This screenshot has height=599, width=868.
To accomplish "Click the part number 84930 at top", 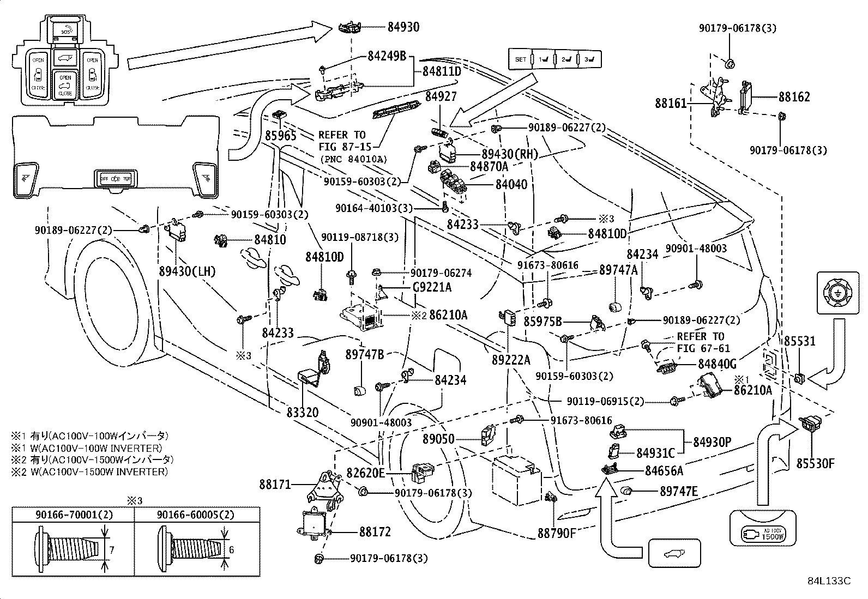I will click(x=403, y=27).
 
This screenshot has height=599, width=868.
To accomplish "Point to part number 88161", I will click(x=671, y=103).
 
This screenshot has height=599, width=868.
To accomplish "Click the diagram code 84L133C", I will click(x=829, y=580).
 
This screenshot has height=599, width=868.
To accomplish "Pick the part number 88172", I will click(x=375, y=531).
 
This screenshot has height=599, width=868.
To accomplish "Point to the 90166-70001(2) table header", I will click(x=74, y=514).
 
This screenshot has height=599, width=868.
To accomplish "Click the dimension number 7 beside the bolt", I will click(x=112, y=550).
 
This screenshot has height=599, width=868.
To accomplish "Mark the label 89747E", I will click(x=679, y=491).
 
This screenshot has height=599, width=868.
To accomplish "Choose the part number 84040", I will click(x=511, y=184).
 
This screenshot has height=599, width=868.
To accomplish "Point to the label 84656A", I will click(x=664, y=470).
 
